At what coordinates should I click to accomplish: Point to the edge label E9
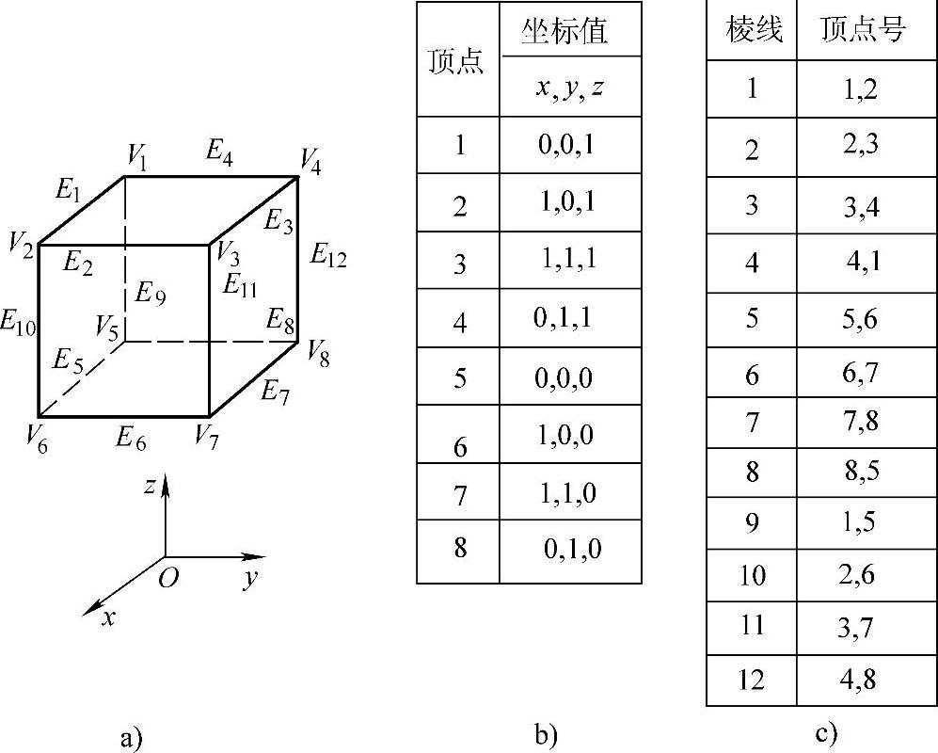(150, 294)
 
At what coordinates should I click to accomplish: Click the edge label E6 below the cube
(131, 436)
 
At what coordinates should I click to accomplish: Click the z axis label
(150, 486)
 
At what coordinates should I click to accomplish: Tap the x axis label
(109, 617)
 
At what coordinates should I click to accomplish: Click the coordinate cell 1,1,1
(569, 261)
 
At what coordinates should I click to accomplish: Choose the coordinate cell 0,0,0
(564, 377)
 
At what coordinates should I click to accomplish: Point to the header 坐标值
(564, 31)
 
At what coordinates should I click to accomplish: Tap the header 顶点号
(862, 31)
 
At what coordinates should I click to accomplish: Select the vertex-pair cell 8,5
(860, 470)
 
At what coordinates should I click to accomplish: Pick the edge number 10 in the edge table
(752, 574)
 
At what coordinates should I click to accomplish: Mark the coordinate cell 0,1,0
(571, 549)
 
